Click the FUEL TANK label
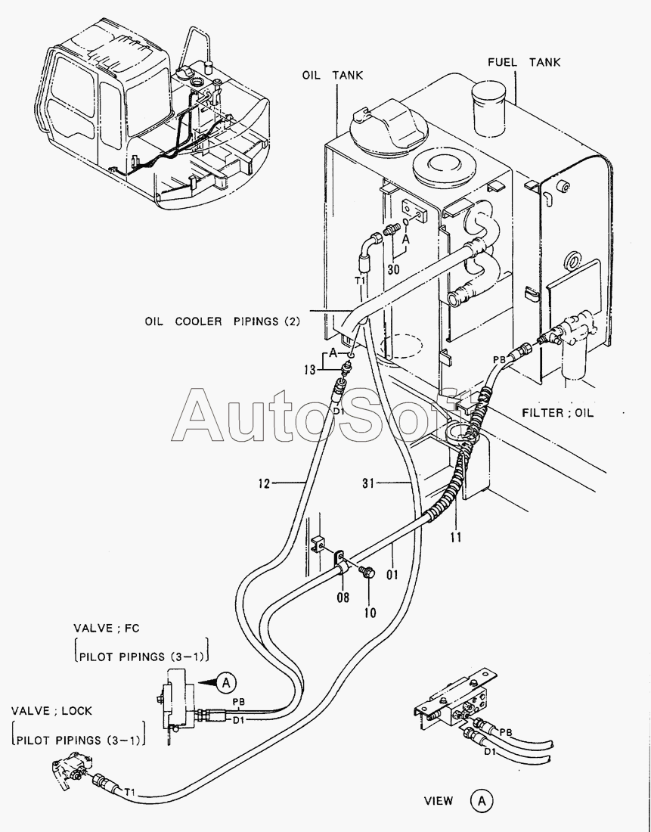click(x=524, y=62)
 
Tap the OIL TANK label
click(x=333, y=75)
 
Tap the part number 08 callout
click(x=343, y=598)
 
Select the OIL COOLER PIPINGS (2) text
click(x=222, y=321)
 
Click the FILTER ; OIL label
click(x=558, y=413)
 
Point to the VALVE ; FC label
click(x=107, y=628)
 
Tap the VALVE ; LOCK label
click(x=51, y=711)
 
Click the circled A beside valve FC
click(x=225, y=683)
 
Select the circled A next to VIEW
click(x=481, y=800)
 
